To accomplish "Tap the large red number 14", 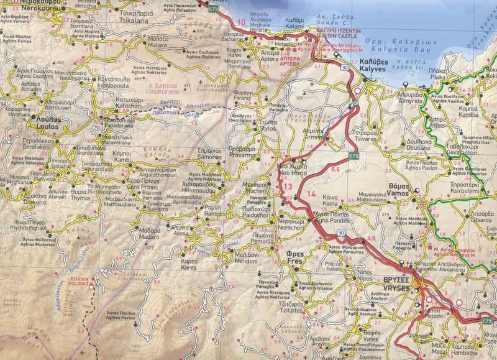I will tap(311, 194).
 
